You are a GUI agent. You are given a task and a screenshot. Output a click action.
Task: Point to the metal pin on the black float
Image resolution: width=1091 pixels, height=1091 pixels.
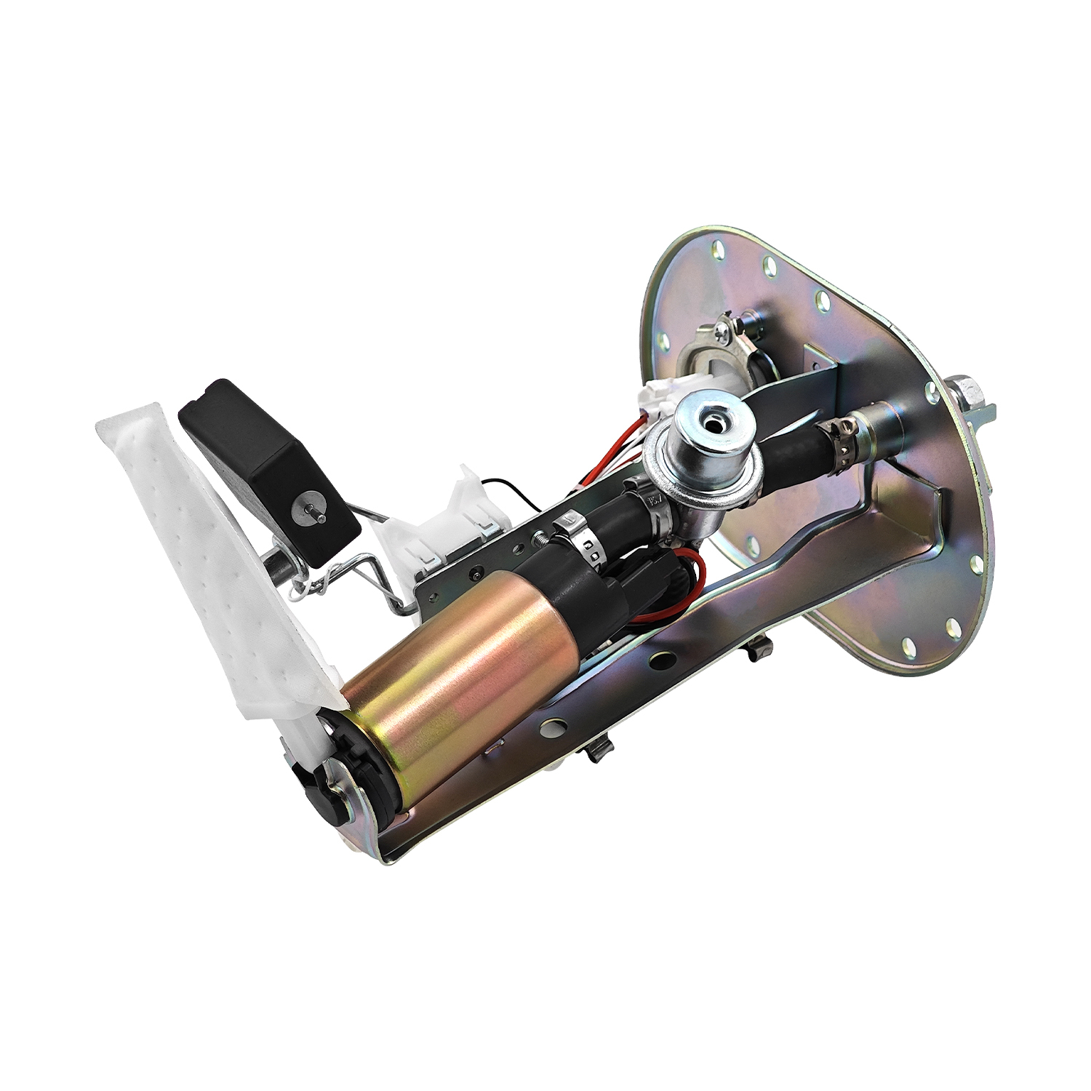306,512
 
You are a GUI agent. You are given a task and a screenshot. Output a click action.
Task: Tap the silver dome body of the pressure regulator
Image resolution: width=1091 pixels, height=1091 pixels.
702,451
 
